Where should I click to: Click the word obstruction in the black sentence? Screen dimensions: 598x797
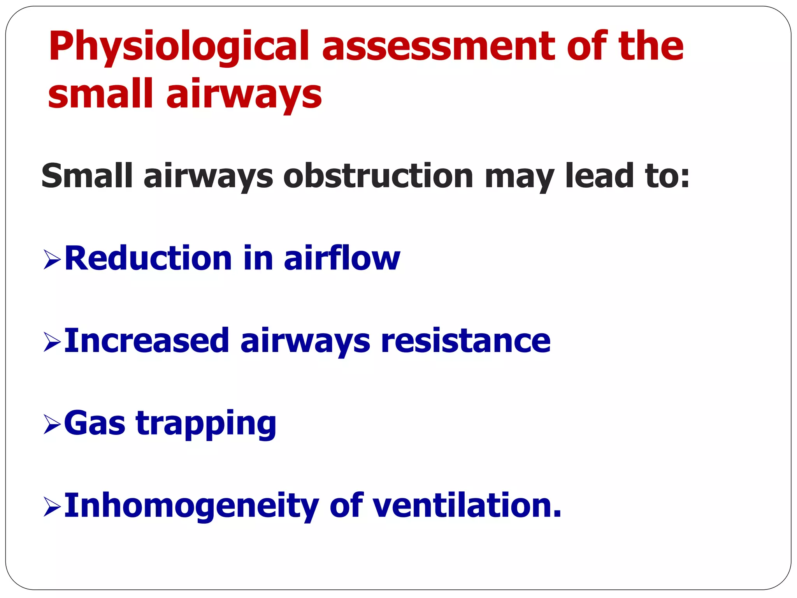tap(378, 176)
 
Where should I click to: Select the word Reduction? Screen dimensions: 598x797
tap(148, 259)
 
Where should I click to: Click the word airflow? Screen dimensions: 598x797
tap(342, 259)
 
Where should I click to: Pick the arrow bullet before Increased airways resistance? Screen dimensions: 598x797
tap(52, 342)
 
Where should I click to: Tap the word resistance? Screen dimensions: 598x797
tap(465, 341)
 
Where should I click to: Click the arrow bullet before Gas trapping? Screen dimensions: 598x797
tap(52, 424)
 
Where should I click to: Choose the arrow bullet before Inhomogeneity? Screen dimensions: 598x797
tap(52, 507)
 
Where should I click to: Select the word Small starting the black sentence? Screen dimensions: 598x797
tap(87, 176)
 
